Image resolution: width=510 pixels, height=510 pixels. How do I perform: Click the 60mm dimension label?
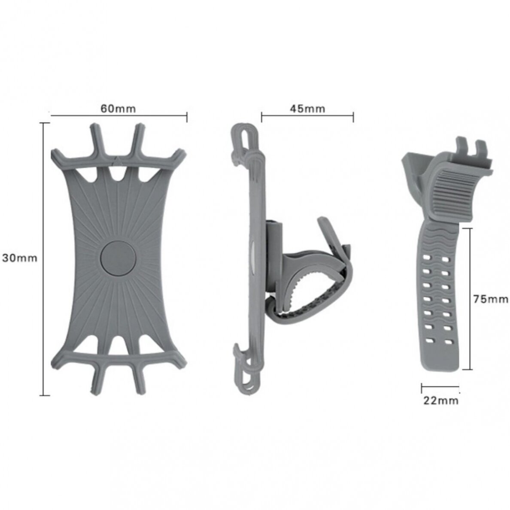tap(118, 109)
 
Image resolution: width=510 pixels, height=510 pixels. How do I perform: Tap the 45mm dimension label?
tap(307, 109)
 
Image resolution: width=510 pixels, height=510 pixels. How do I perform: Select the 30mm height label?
tap(20, 258)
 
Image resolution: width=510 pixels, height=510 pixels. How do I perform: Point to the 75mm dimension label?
tap(490, 299)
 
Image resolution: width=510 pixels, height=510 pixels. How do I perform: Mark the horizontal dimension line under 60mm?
tap(118, 115)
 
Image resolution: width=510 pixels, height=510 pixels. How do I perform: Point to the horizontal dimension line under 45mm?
tap(307, 115)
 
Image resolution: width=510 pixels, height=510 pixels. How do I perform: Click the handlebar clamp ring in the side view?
tap(309, 292)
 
